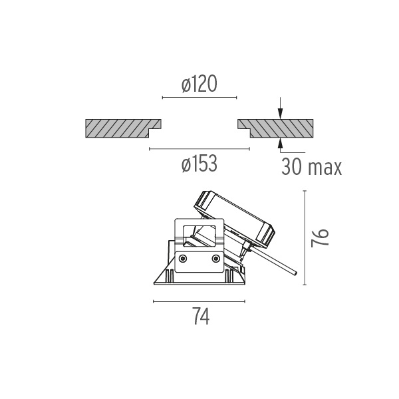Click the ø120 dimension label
(199, 83)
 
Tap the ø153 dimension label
(199, 164)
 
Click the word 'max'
(325, 168)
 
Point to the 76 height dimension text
(320, 238)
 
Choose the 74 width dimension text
(201, 316)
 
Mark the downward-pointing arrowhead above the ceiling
(280, 114)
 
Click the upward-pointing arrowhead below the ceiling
(280, 143)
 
